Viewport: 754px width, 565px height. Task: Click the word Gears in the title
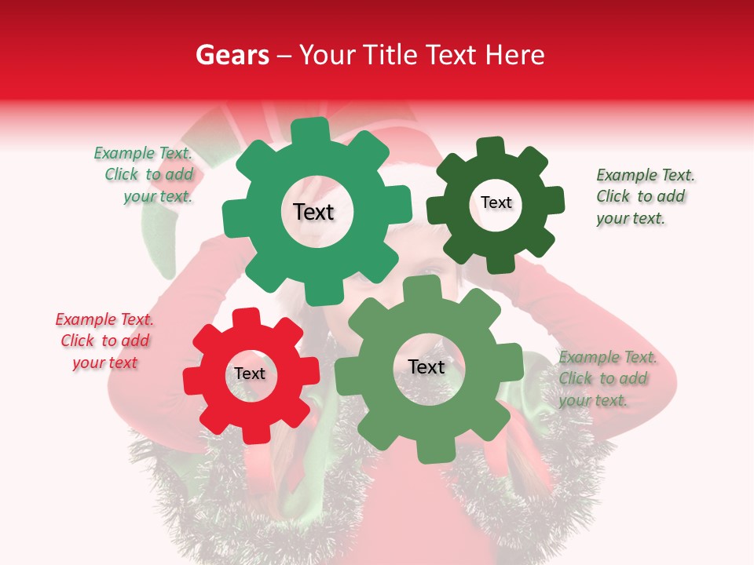(x=232, y=55)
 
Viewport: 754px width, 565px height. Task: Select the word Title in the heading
(x=392, y=55)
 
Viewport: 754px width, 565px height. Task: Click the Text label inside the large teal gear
(x=313, y=212)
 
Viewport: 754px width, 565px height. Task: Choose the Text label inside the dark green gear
(x=496, y=202)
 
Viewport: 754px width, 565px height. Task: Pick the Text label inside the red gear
(x=250, y=374)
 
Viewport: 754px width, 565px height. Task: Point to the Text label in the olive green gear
(x=426, y=367)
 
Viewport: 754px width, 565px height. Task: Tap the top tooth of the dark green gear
(x=491, y=148)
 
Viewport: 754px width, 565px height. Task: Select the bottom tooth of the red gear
(x=253, y=433)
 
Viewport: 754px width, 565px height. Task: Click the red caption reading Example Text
(x=104, y=319)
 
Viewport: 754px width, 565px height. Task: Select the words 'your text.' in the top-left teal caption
(x=158, y=197)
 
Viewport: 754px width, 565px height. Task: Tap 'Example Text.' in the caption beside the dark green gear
(x=646, y=175)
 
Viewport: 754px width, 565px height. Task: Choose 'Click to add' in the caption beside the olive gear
(x=603, y=378)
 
